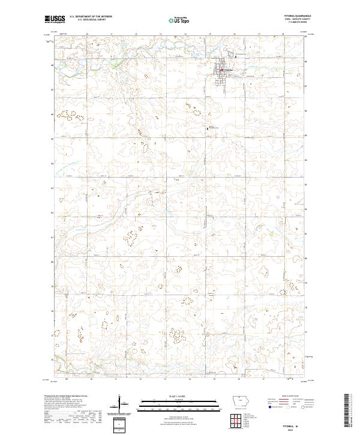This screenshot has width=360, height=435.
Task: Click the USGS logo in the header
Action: (x=55, y=19)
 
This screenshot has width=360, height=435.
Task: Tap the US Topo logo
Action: (x=179, y=20)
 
